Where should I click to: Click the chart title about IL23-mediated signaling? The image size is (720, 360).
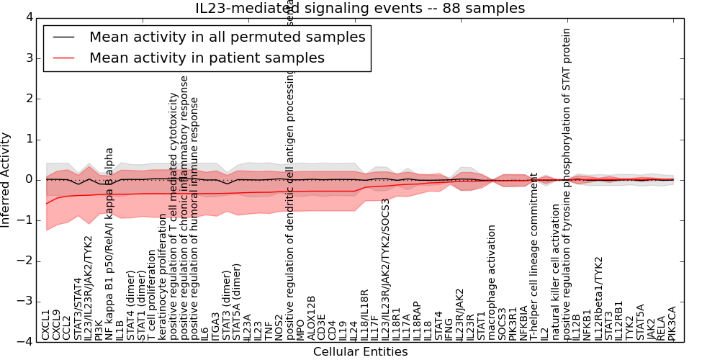click(x=360, y=8)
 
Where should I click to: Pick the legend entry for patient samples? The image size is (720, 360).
click(x=207, y=58)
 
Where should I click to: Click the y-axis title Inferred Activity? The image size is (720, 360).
click(x=6, y=179)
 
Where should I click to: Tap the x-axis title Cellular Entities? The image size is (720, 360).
click(x=360, y=351)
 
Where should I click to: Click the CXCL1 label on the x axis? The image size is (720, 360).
click(x=46, y=325)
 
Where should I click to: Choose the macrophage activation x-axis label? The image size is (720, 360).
click(x=492, y=282)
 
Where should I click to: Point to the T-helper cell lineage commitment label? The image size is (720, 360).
click(x=534, y=256)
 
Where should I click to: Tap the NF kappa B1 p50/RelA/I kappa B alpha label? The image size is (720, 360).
click(x=109, y=244)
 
